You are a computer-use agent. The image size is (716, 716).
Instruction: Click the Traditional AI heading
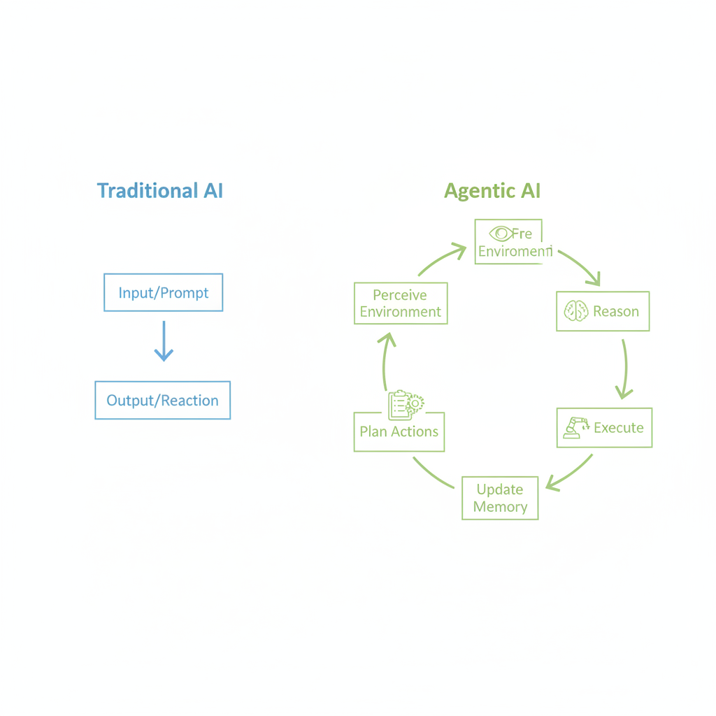coord(160,190)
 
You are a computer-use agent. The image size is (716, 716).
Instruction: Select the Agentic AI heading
coord(492,191)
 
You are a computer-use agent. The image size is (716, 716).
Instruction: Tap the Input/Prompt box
coord(163,292)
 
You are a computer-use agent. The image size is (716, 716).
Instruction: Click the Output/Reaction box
coord(162,400)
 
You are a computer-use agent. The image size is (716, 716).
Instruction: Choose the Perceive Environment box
coord(401,303)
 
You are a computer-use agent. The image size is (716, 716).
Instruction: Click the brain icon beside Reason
coord(576,311)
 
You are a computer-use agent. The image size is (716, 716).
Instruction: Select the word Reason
coord(616,311)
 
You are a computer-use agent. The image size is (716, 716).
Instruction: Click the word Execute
coord(619,427)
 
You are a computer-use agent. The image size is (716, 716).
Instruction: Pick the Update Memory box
coord(500,498)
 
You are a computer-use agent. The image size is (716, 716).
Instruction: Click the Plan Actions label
coord(399,431)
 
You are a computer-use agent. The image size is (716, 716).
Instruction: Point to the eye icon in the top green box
coord(500,233)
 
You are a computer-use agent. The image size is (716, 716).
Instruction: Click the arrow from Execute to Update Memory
coord(570,473)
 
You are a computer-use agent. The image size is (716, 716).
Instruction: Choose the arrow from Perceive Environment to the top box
coord(442,259)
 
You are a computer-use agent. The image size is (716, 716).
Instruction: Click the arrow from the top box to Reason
coord(580,265)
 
